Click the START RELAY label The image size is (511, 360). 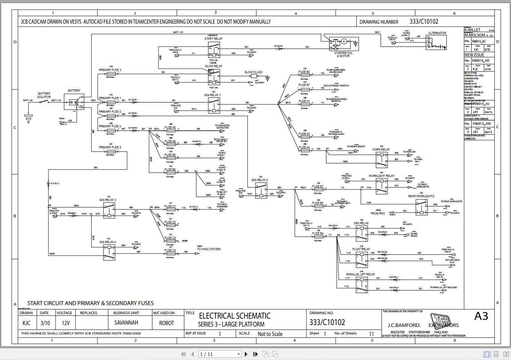click(213, 39)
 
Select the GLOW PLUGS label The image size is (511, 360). click(253, 72)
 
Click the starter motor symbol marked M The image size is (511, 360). click(344, 41)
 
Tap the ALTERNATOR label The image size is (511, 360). click(437, 33)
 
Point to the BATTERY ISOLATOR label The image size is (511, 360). click(44, 95)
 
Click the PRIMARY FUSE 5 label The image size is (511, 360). click(110, 147)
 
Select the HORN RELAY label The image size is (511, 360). click(381, 150)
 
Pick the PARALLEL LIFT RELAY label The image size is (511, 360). click(360, 274)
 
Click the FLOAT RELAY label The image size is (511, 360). click(361, 249)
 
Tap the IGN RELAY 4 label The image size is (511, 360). click(107, 242)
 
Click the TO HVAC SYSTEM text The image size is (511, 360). click(209, 249)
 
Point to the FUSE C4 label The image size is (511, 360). click(170, 250)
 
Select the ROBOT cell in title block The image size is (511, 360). click(166, 323)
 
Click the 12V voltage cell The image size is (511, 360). click(66, 323)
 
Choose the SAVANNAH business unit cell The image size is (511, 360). click(126, 323)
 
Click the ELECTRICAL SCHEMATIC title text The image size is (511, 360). click(234, 316)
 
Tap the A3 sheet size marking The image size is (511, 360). click(481, 316)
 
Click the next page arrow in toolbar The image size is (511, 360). click(246, 354)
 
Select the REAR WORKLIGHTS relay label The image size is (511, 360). click(421, 196)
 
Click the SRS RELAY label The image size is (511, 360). click(361, 223)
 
